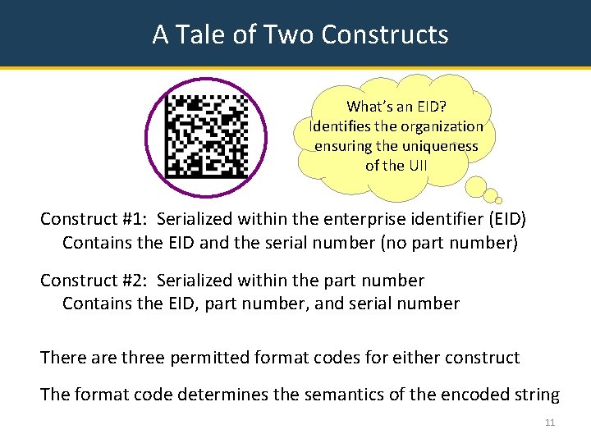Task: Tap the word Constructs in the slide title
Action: (x=385, y=34)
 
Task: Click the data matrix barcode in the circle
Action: (x=206, y=136)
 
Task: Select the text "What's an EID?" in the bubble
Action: (x=396, y=106)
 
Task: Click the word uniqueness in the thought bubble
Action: (x=440, y=145)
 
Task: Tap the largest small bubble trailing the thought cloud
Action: (x=475, y=187)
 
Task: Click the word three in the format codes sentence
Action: (x=143, y=358)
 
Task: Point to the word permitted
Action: (x=218, y=358)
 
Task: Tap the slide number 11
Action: (x=549, y=422)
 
